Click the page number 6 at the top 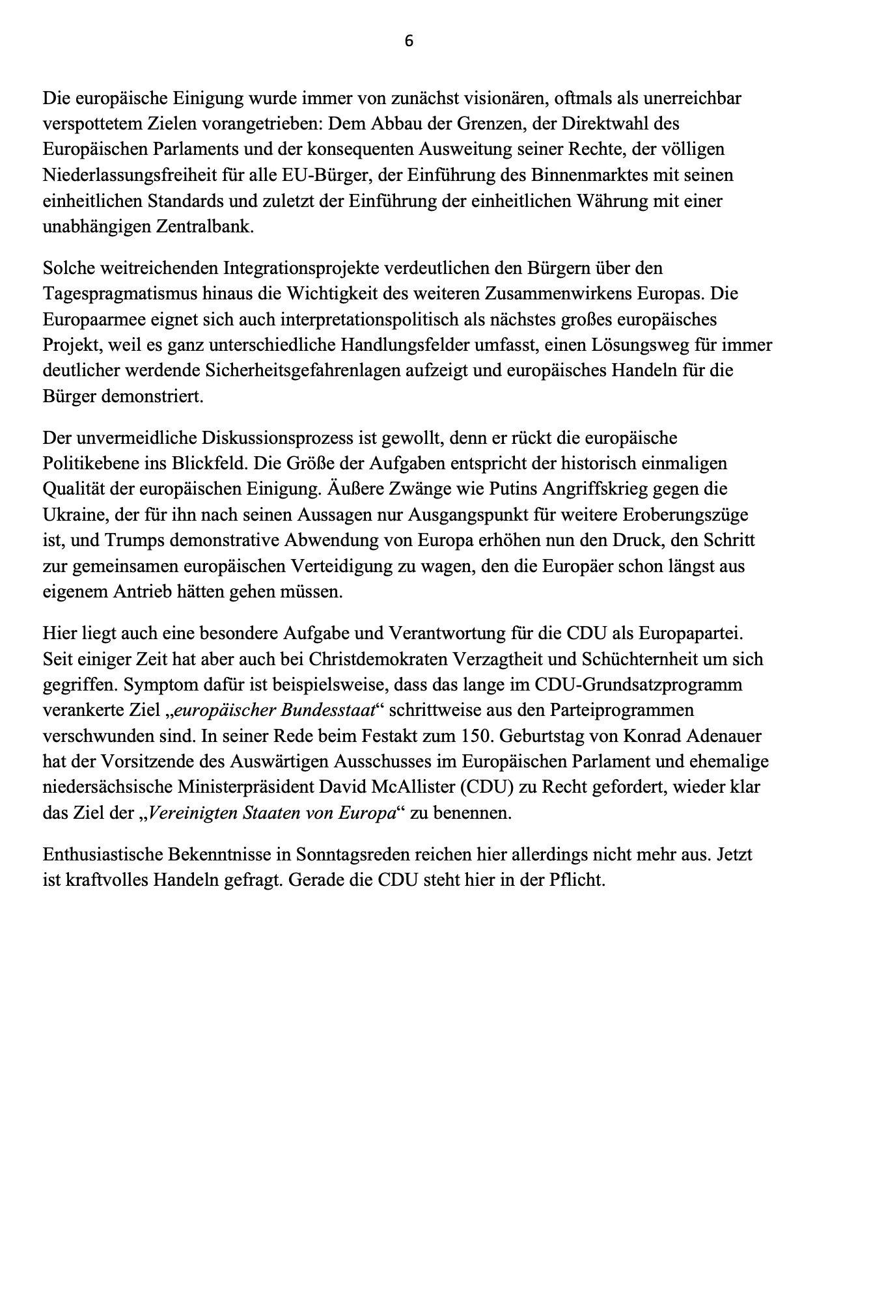click(x=409, y=41)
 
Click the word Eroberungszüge click(x=685, y=515)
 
